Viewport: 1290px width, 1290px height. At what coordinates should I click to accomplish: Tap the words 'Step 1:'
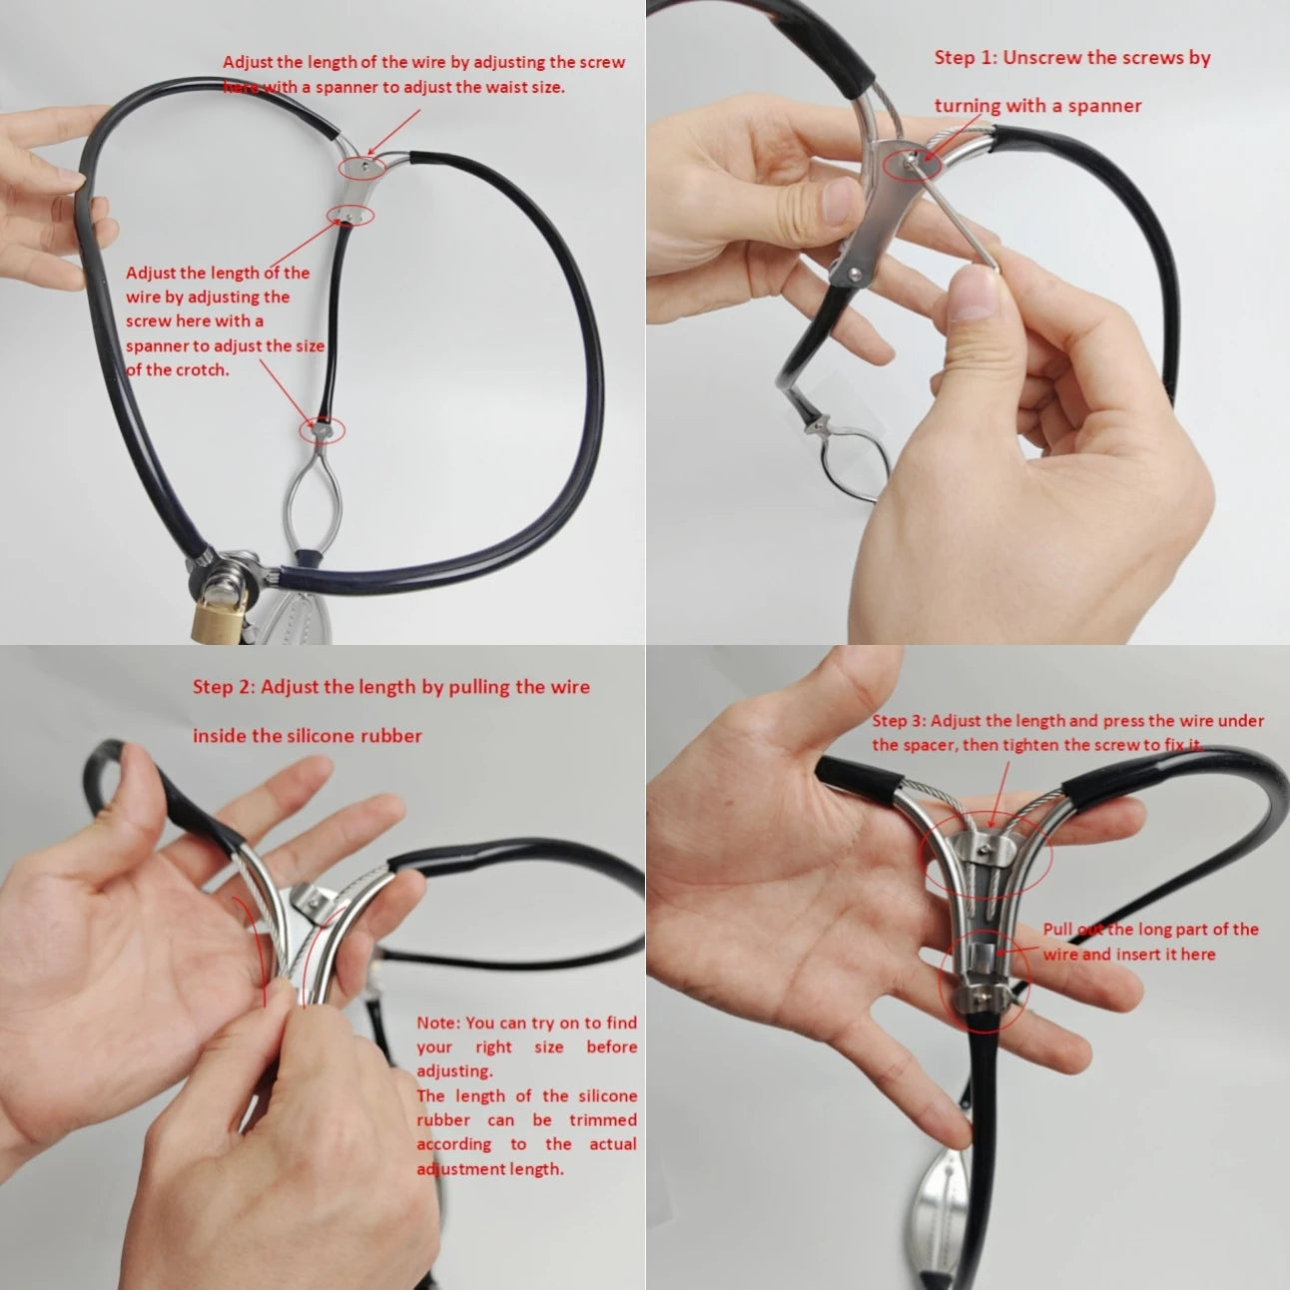pos(965,58)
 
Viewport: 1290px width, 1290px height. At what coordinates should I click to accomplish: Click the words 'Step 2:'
pos(224,687)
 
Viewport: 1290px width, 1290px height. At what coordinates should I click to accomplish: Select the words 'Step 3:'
pos(899,721)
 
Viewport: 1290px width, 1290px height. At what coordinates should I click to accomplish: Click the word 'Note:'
pos(438,1022)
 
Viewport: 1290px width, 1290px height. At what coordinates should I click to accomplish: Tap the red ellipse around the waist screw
pos(361,167)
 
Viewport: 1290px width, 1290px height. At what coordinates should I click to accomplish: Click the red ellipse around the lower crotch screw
pos(322,431)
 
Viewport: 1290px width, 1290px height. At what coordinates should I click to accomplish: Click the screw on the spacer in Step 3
pos(984,850)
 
